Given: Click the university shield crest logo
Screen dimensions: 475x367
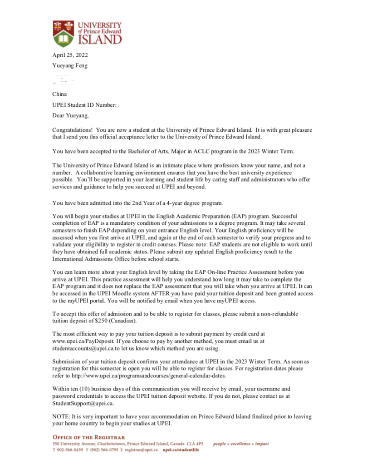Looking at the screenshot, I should (x=63, y=33).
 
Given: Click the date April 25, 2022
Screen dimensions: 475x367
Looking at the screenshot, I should (x=70, y=55).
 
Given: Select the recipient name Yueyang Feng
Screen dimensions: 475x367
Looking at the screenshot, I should (x=70, y=65).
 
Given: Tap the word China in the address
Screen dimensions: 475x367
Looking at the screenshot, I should (x=59, y=94).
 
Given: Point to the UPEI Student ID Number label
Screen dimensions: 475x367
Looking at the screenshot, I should (x=84, y=105).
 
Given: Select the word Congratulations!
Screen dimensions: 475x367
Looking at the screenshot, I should (x=73, y=130).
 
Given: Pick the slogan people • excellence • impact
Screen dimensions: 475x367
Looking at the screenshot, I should (x=241, y=444).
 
